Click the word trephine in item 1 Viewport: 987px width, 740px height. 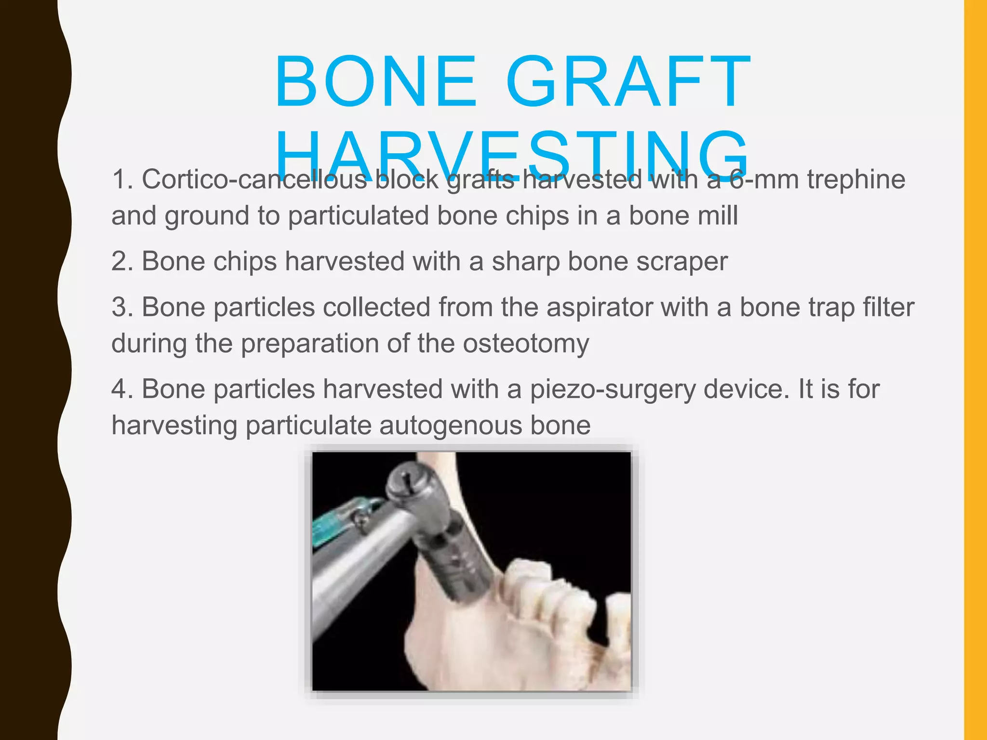pos(856,179)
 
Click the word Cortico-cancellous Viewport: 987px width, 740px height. pos(254,179)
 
